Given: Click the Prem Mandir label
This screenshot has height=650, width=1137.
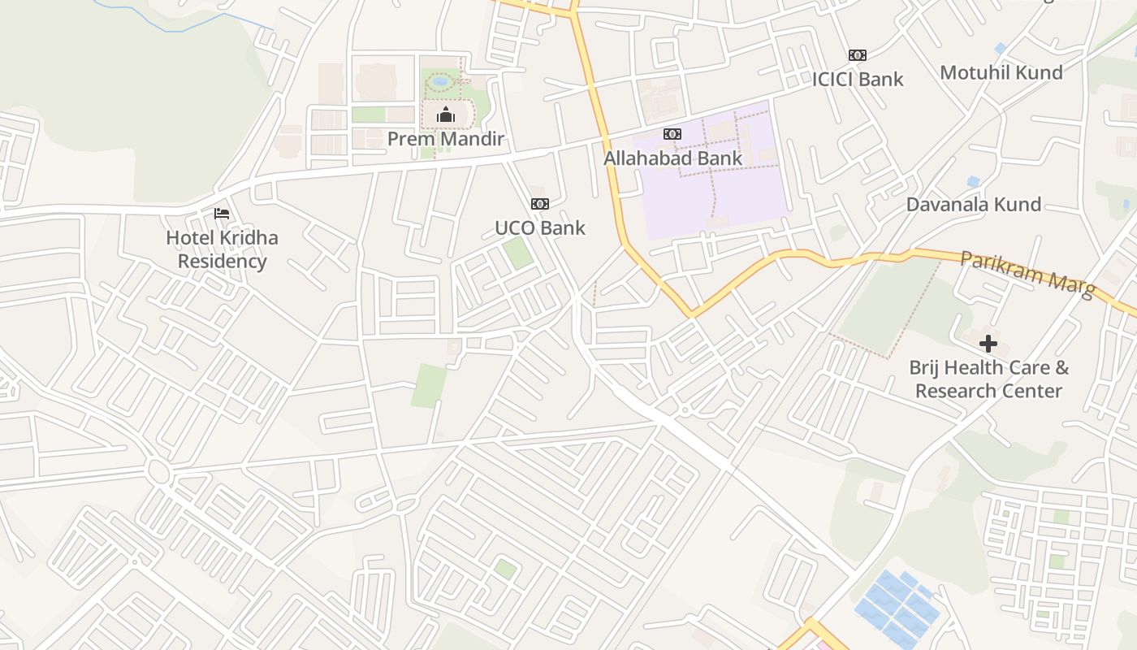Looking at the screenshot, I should [x=445, y=139].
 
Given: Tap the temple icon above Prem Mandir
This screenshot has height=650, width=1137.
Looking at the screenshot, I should [x=445, y=115].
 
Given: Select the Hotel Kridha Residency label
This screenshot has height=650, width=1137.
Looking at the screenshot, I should [x=222, y=249].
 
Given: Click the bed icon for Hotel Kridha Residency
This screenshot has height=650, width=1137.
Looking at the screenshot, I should [x=222, y=214].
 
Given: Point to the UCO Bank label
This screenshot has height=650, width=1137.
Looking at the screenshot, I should [x=540, y=228].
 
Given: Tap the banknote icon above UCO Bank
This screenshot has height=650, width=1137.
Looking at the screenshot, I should [x=540, y=204].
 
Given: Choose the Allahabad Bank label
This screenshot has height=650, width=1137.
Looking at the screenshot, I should [x=672, y=158].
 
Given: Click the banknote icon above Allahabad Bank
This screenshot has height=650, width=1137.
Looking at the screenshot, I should [x=672, y=134].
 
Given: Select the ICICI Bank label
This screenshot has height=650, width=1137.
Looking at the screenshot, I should [x=858, y=80].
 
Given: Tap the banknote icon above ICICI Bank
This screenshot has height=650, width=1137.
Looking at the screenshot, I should [x=858, y=55].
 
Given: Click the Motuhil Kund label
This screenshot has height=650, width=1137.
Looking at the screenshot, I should [x=1001, y=73].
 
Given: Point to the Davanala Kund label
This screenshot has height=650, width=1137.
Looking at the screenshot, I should [x=973, y=205].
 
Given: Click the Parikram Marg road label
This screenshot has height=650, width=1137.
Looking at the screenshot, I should [x=1028, y=274].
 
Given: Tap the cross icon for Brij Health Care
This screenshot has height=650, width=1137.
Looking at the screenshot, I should [x=988, y=344].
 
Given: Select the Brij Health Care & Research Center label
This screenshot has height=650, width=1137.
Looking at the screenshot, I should [x=988, y=379].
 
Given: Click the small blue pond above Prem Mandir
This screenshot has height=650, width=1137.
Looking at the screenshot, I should [x=440, y=81].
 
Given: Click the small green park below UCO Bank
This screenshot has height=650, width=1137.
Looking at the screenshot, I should [x=517, y=253].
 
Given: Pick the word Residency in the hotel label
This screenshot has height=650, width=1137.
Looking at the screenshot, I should [x=222, y=262].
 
